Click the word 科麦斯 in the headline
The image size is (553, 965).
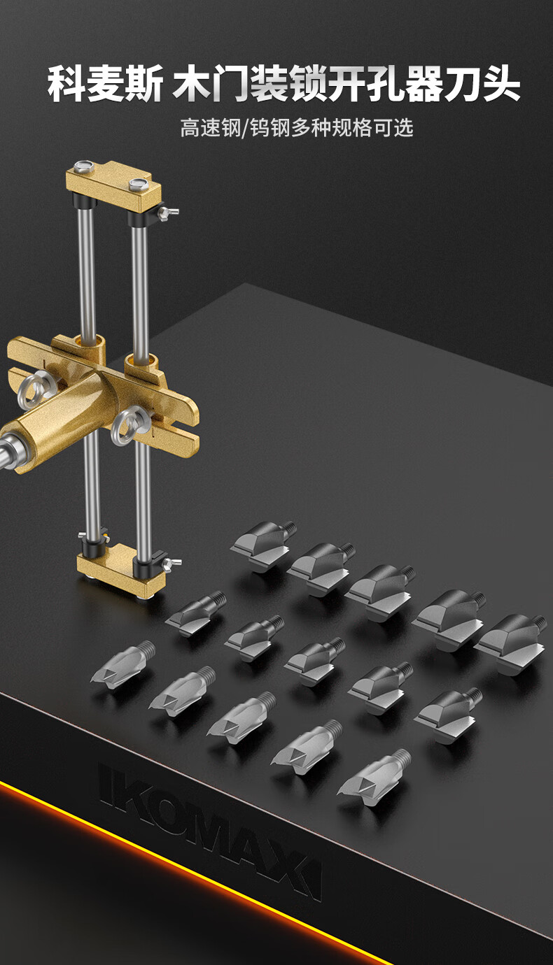(105, 83)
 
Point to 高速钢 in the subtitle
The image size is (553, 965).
(211, 128)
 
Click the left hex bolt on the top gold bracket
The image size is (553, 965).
(83, 166)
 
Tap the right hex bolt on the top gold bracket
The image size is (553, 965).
(139, 185)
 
